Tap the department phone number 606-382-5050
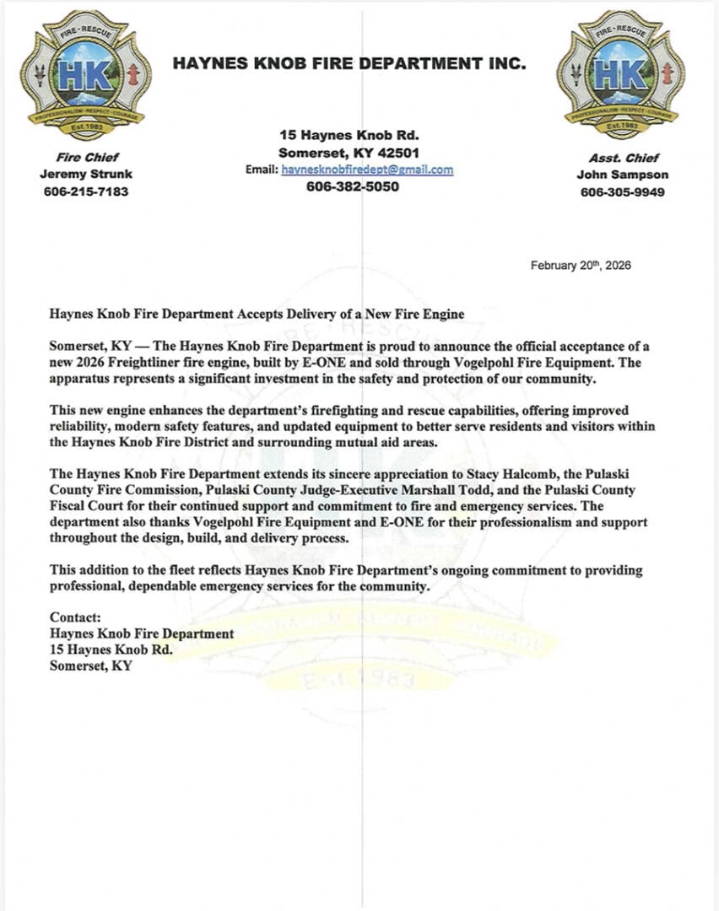point(352,186)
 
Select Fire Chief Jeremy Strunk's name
point(86,175)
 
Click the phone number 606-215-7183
point(86,191)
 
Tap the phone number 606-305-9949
point(622,191)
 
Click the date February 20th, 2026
point(581,266)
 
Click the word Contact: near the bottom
point(75,618)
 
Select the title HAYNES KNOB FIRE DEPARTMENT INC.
point(349,63)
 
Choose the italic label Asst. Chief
point(622,158)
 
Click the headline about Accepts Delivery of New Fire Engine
point(257,315)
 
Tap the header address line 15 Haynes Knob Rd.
point(349,135)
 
